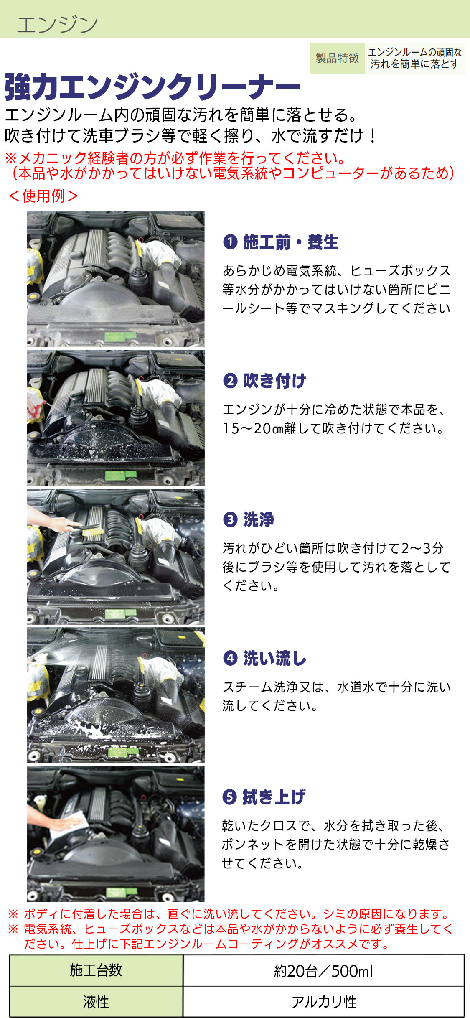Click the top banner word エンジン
coord(57,25)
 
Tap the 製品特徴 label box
coord(337,58)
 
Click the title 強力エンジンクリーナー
coord(152,87)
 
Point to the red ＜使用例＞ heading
coord(43,196)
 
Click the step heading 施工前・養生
coord(291,242)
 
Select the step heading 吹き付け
coord(274,381)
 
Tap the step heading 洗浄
coord(259,519)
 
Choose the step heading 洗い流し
coord(274,658)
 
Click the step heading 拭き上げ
coord(274,797)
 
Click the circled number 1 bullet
coord(230,242)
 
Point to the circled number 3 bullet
coord(230,519)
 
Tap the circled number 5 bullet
coord(230,797)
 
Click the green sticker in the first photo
coord(120,336)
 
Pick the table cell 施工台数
coord(96,970)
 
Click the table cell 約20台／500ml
coord(323,970)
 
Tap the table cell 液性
coord(96,1001)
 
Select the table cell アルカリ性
coord(323,1001)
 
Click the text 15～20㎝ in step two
coord(253,428)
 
